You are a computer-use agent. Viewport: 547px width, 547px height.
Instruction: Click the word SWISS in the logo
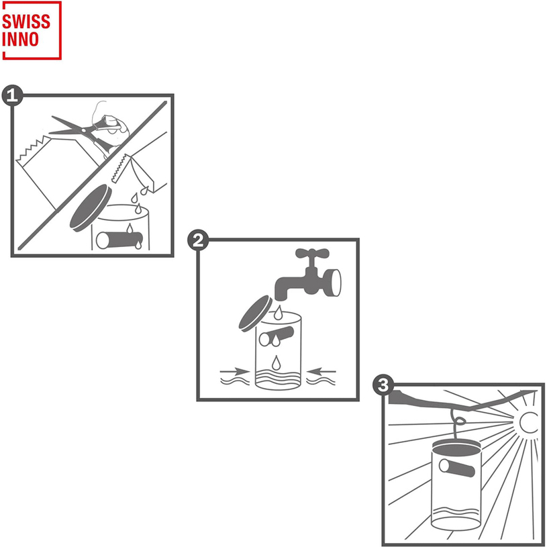coord(26,21)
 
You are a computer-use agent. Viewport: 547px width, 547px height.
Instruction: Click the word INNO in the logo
coord(21,39)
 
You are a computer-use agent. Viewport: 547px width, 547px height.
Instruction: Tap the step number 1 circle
coord(13,95)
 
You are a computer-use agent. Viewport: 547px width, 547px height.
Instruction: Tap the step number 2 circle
coord(198,240)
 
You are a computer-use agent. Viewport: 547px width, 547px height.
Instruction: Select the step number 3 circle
coord(383,385)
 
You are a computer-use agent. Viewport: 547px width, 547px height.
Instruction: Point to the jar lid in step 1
coord(91,208)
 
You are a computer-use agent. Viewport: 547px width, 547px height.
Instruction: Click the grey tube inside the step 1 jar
coord(119,240)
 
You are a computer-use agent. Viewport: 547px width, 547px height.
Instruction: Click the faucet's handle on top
coord(312,254)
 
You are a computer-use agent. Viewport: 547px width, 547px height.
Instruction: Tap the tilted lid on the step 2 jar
coord(255,313)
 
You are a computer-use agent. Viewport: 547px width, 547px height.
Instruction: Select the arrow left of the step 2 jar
coord(234,371)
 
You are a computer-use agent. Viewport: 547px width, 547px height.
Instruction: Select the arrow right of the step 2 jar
coord(321,371)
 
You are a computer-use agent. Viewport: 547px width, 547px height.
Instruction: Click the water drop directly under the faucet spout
coord(278,313)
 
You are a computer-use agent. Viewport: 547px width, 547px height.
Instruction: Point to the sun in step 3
coord(528,422)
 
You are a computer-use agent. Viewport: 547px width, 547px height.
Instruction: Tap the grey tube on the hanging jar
coord(457,468)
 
